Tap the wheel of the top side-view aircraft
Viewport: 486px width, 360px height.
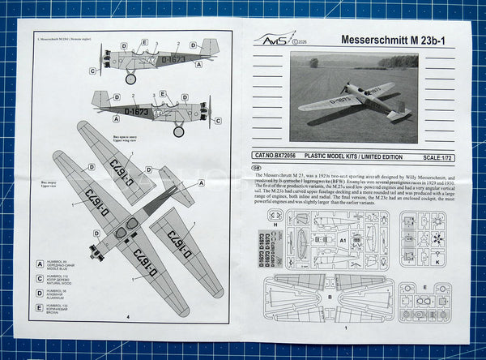[130, 79]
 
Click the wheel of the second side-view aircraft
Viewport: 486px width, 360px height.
[178, 131]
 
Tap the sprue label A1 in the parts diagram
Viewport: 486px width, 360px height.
[343, 240]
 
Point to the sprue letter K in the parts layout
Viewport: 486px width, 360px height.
[437, 263]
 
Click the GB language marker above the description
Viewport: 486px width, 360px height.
[257, 168]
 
